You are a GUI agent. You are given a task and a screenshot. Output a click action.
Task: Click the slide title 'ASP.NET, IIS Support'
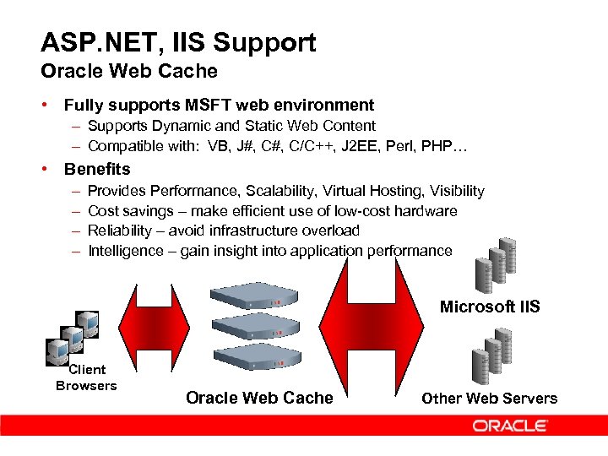[x=178, y=42]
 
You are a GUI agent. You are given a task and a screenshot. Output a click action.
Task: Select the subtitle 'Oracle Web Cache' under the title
[x=129, y=72]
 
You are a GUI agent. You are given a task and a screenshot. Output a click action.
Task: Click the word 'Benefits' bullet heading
[x=97, y=169]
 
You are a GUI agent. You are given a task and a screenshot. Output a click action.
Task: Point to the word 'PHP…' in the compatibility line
[x=450, y=147]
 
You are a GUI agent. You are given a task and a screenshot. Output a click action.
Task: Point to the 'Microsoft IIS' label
[x=490, y=307]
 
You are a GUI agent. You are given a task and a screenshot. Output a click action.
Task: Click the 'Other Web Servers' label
[x=490, y=399]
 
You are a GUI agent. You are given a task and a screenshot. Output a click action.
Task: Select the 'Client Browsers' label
[x=86, y=377]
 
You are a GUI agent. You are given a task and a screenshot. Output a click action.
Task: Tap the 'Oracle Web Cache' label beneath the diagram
[x=259, y=399]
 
